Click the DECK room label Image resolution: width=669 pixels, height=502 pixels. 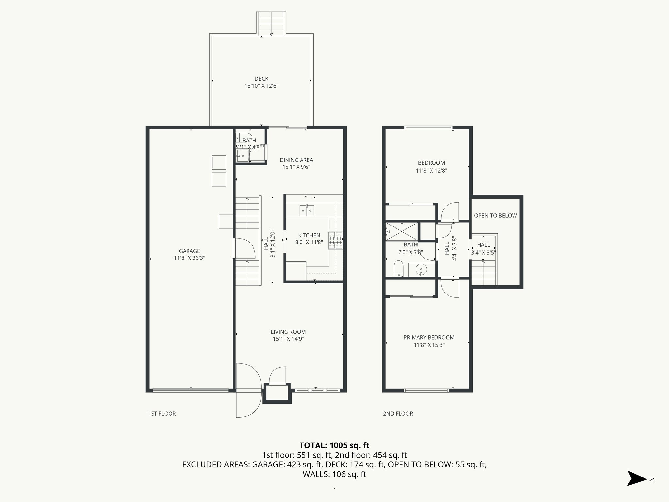[x=261, y=79]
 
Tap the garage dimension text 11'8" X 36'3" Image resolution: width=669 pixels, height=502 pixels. [x=189, y=258]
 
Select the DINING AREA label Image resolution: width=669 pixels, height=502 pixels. [x=296, y=160]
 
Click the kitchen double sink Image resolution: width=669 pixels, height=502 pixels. [x=307, y=210]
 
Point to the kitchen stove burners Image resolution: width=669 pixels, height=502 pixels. [x=335, y=240]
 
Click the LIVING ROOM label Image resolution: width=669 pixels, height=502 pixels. [x=288, y=332]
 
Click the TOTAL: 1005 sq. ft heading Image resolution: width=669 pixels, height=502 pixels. [x=334, y=445]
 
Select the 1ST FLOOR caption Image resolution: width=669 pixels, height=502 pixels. [x=162, y=414]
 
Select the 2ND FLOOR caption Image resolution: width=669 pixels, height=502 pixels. [x=398, y=414]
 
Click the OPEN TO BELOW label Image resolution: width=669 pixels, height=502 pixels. [x=495, y=215]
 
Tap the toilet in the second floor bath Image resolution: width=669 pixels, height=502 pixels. [x=399, y=268]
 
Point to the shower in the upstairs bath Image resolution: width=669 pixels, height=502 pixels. [x=402, y=231]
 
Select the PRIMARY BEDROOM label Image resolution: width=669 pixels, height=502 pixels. [x=429, y=337]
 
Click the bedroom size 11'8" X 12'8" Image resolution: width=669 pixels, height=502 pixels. [x=431, y=170]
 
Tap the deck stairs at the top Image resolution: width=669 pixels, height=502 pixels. [x=271, y=24]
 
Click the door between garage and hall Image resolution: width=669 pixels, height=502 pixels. [x=244, y=248]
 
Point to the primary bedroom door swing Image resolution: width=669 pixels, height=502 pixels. [x=449, y=288]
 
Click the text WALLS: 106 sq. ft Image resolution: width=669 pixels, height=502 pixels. [x=334, y=474]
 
